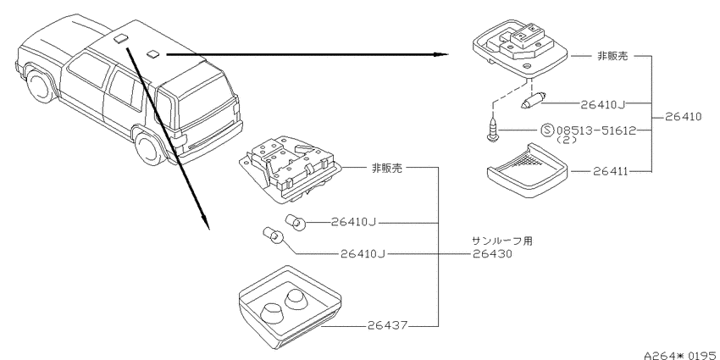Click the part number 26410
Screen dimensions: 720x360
point(683,117)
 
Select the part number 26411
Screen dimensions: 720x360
point(610,172)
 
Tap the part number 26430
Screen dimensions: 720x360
point(492,254)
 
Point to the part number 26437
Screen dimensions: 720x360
point(387,326)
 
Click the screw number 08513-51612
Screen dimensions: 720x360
point(596,130)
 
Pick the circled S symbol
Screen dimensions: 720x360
point(547,130)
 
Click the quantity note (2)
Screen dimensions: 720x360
point(567,141)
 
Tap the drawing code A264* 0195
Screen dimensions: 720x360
point(681,356)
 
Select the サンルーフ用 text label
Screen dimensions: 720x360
point(502,241)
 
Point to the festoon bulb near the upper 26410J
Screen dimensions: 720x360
point(532,100)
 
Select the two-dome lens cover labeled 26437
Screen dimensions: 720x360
point(290,308)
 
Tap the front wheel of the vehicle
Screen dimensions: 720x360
point(39,86)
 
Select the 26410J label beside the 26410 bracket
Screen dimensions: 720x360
point(602,104)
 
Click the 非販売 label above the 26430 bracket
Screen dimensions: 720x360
point(386,168)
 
